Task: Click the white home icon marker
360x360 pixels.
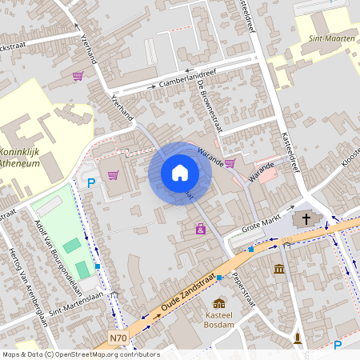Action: point(180,173)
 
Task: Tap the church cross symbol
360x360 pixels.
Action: point(305,218)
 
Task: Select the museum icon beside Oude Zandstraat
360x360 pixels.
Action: point(278,269)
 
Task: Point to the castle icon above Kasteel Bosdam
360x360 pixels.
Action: point(219,303)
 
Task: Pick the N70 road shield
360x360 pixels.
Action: point(118,338)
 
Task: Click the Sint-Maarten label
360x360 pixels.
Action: point(331,38)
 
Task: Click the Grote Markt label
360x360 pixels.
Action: point(261,222)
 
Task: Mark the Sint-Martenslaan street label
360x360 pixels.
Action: point(78,298)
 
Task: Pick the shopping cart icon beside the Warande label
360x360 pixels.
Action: point(230,163)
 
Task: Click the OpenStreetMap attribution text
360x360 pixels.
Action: point(80,354)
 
